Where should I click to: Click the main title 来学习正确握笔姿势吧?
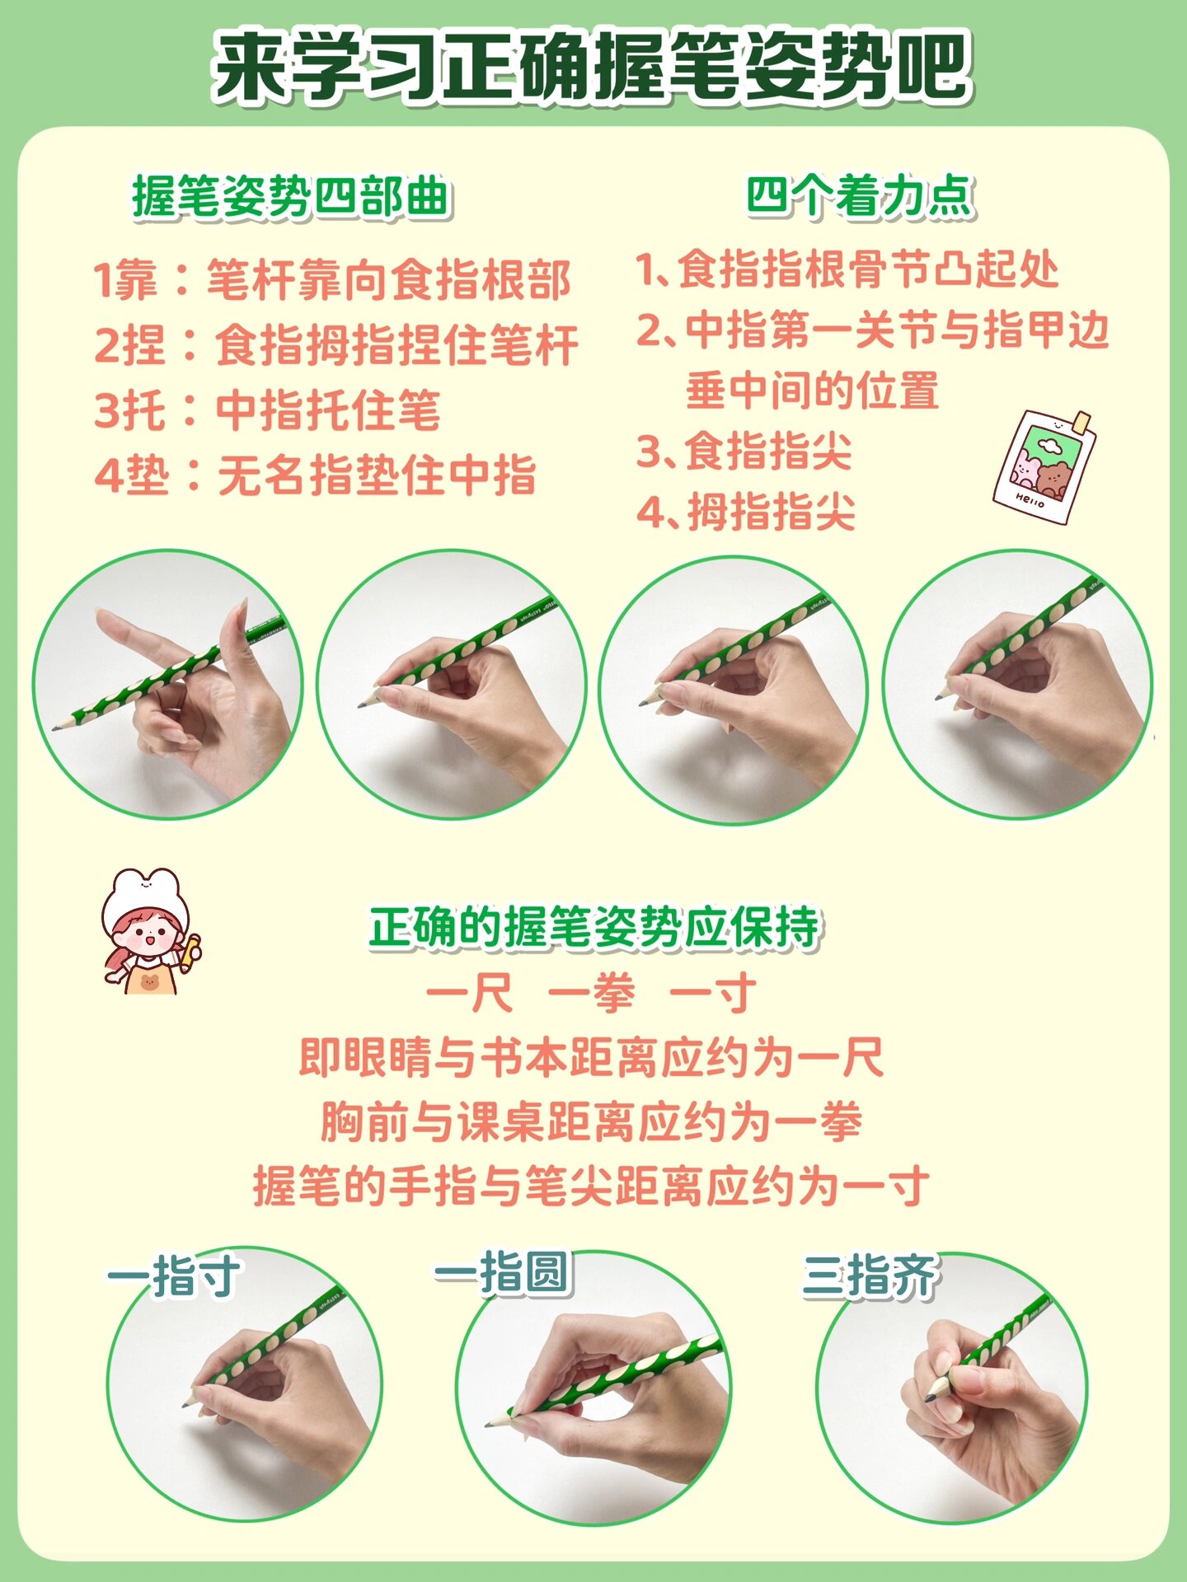[x=592, y=66]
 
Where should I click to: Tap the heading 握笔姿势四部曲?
[x=290, y=198]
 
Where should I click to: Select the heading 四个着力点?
[x=860, y=198]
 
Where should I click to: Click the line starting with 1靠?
[x=331, y=280]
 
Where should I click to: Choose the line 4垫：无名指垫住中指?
[x=315, y=475]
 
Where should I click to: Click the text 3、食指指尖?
[x=744, y=452]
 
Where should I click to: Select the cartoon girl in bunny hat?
[x=149, y=931]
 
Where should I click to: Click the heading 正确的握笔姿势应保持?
[x=593, y=928]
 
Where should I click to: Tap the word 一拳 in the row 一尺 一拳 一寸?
[x=591, y=993]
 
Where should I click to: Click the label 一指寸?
[x=173, y=1276]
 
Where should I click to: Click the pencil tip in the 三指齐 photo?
[x=931, y=1397]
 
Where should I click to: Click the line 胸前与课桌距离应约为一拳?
[x=591, y=1122]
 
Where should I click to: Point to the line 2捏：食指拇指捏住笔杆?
[x=335, y=345]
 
